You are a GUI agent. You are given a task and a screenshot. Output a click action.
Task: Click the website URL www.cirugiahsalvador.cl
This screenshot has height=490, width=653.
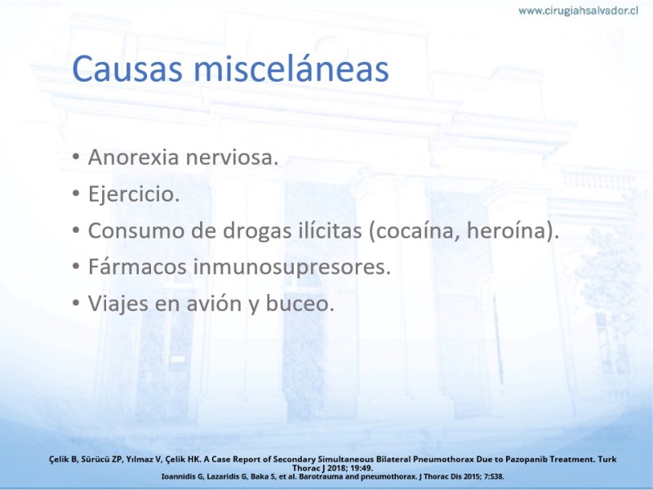tap(578, 11)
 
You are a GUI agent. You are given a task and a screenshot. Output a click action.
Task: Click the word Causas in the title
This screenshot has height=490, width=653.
tap(127, 69)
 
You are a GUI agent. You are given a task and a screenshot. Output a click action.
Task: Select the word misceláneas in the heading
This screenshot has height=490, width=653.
tap(291, 68)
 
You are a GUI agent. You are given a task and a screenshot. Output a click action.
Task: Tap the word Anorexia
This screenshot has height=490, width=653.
tap(134, 157)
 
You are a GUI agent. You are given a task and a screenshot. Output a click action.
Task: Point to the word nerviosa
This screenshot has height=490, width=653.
tap(232, 157)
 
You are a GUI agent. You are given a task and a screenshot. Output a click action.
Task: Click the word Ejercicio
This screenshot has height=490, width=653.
tap(134, 194)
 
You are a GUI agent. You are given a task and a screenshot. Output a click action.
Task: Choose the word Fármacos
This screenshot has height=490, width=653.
tap(137, 267)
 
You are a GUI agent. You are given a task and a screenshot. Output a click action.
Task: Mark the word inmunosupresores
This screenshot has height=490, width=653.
tap(291, 268)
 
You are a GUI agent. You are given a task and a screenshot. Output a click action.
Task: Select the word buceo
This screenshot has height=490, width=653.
tap(300, 303)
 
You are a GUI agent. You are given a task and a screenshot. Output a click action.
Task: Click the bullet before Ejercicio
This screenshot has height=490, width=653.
tap(76, 194)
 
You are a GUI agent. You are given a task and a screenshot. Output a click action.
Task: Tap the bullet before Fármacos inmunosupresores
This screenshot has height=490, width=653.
tap(76, 267)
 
